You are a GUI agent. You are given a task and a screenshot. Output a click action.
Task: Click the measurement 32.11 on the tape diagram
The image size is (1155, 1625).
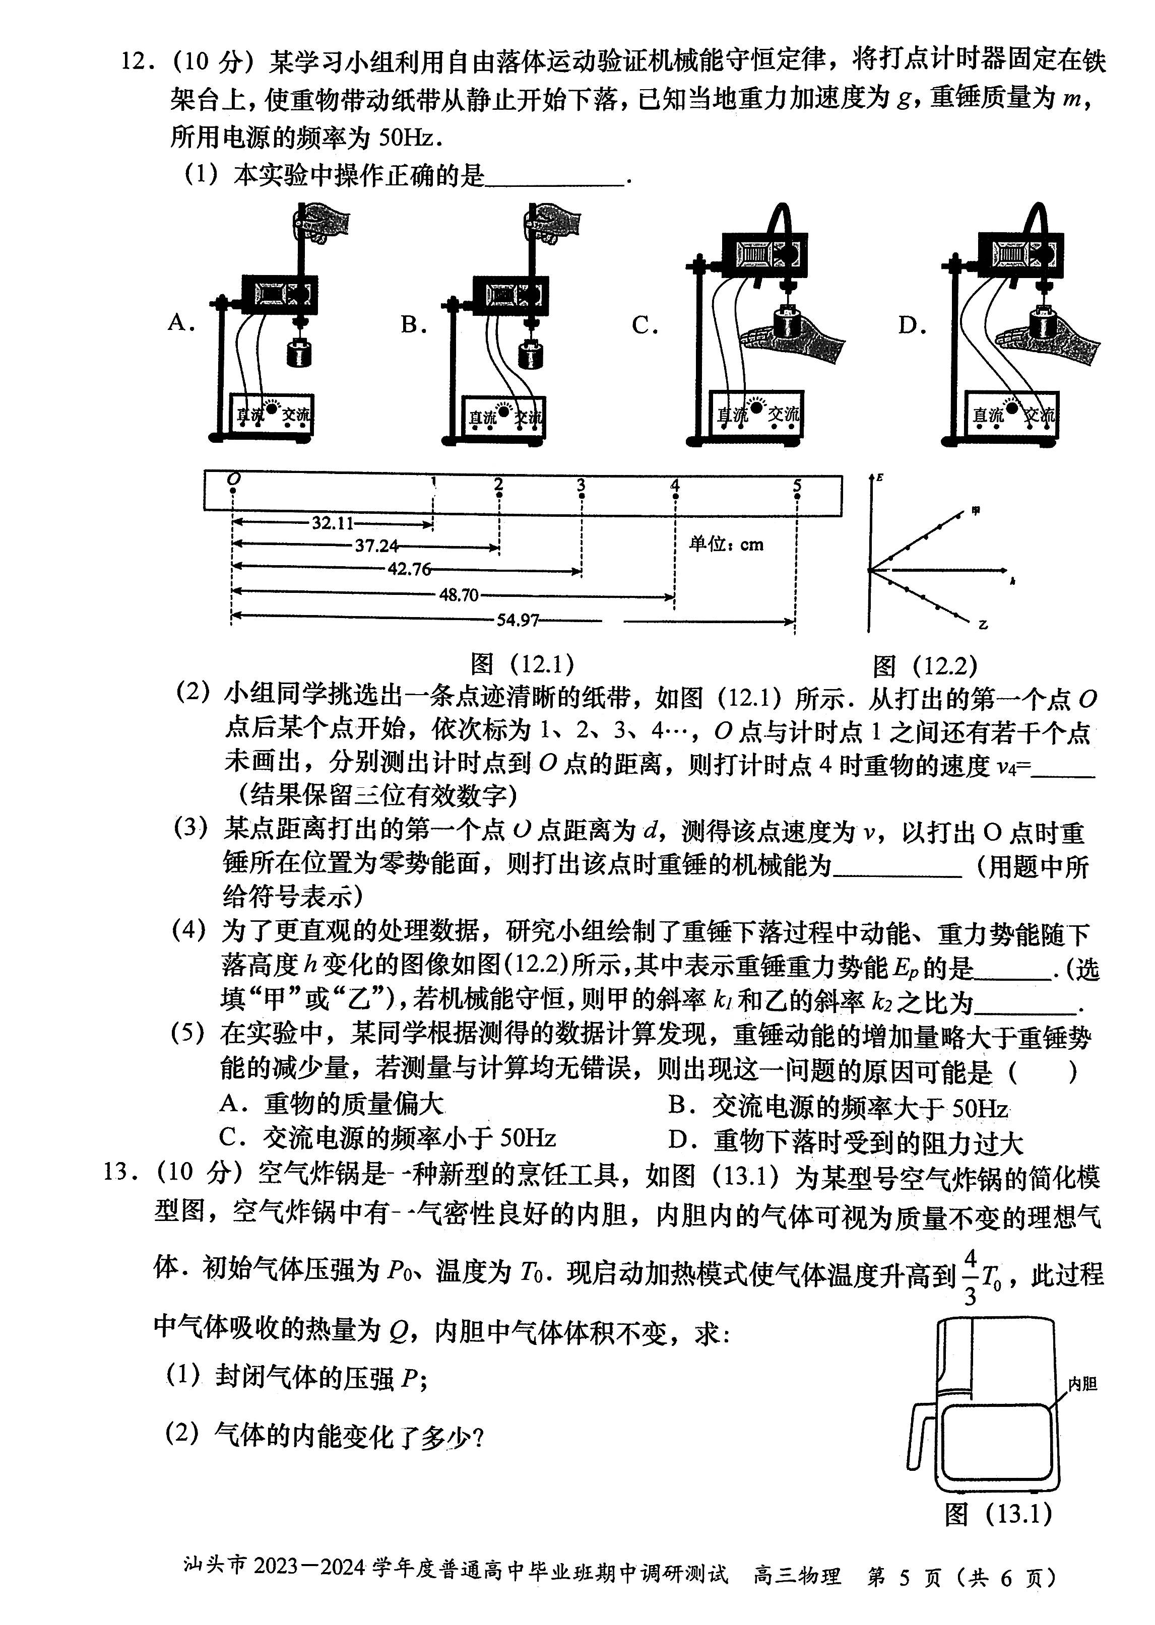[x=332, y=523]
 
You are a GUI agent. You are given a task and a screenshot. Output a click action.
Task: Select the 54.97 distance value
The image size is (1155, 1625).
[x=518, y=621]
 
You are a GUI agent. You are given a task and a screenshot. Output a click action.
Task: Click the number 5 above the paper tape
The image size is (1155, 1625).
[x=797, y=486]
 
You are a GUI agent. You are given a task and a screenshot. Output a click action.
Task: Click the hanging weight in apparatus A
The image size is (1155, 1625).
[x=299, y=351]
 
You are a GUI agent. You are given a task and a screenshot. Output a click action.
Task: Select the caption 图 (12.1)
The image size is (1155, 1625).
[x=522, y=664]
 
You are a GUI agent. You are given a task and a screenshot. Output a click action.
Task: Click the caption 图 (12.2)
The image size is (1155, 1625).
[x=925, y=666]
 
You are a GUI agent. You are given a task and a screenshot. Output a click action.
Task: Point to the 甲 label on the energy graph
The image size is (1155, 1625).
[x=976, y=510]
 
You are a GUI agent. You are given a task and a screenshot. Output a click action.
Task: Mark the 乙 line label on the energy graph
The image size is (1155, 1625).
[x=982, y=625]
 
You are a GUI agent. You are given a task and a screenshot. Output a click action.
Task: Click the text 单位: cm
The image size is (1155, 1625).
[x=726, y=545]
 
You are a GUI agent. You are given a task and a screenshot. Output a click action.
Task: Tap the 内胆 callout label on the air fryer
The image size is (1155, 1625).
[x=1082, y=1383]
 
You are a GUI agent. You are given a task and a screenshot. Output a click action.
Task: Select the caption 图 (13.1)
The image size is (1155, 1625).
[x=998, y=1514]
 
